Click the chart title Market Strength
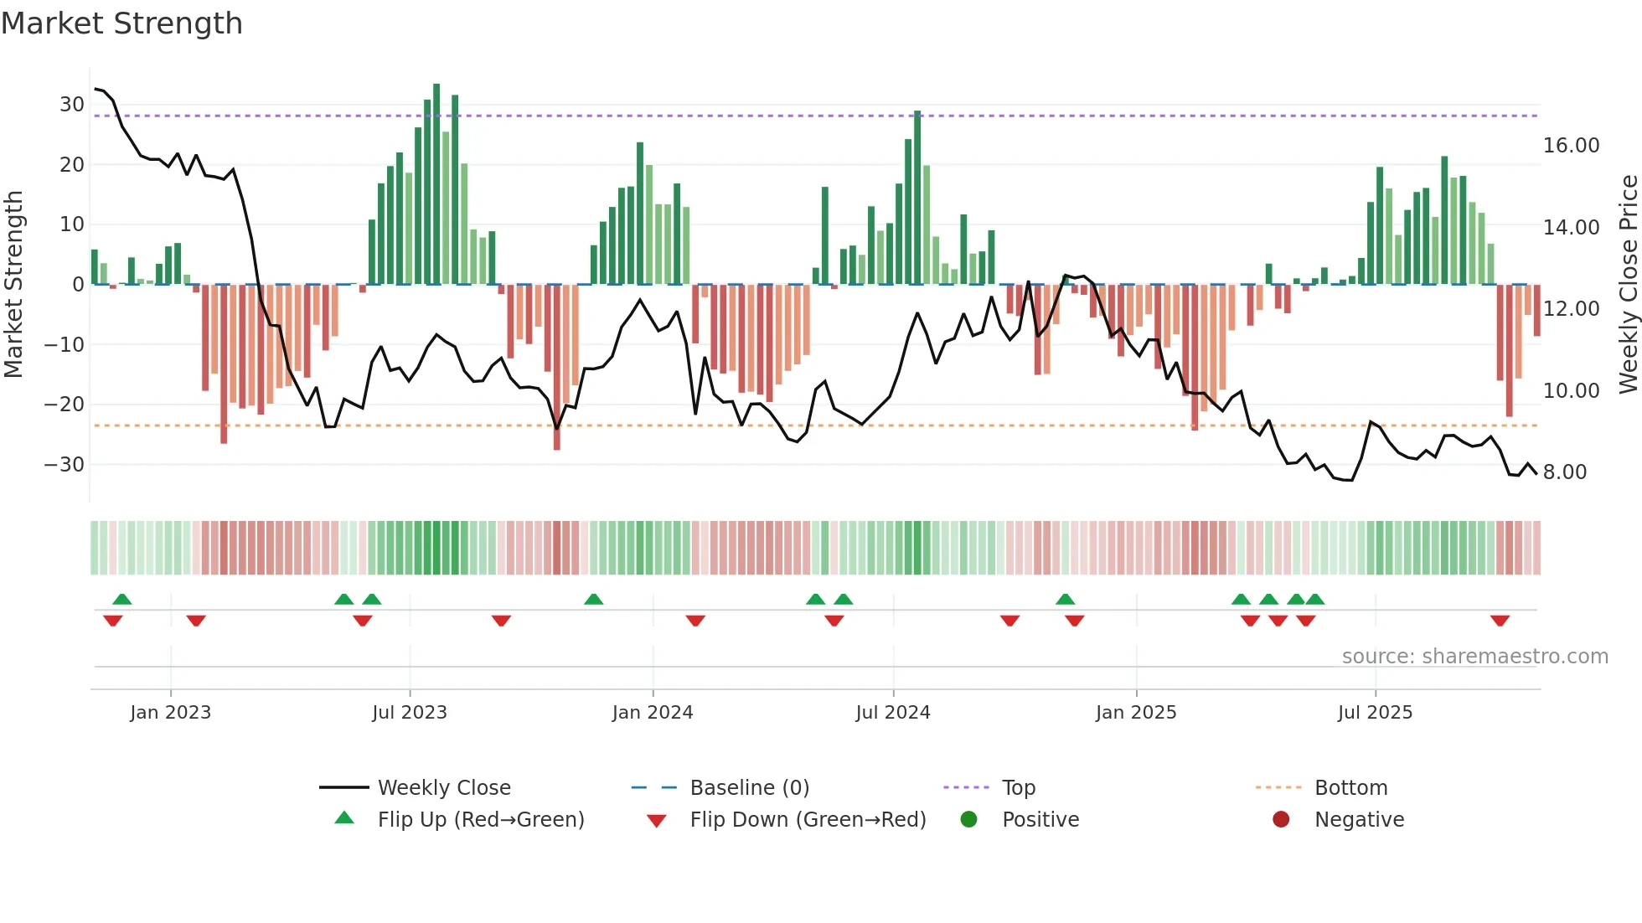121,23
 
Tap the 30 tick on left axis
72,105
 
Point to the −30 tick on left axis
65,465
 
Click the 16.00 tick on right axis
1571,146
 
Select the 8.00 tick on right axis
1564,472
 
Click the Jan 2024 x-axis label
653,713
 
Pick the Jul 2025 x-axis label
1375,713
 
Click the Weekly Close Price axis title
1628,285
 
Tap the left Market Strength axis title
13,285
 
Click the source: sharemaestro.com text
1474,657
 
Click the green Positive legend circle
969,820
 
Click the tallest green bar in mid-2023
436,184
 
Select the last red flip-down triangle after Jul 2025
1500,621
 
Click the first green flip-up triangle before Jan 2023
122,599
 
